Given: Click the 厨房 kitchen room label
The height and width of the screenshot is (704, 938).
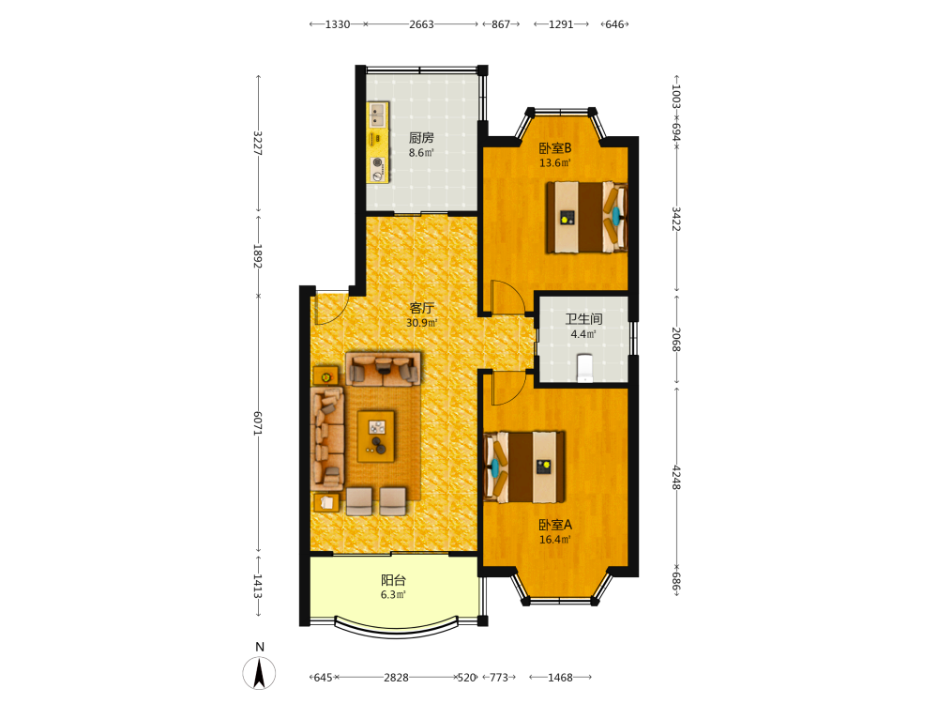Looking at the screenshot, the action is point(421,138).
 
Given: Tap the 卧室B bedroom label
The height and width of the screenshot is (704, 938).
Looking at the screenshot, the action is point(555,148).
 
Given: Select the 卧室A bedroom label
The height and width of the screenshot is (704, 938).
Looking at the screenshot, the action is point(555,525).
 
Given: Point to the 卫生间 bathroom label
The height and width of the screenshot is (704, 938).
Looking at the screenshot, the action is point(583,319).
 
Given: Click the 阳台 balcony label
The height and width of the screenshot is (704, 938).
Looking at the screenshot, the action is point(394,579).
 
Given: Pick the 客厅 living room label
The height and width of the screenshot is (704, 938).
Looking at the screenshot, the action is point(422,308).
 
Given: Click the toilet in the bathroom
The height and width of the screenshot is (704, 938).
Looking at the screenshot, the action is point(584,368).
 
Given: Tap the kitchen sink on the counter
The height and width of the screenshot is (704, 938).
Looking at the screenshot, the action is point(377,115).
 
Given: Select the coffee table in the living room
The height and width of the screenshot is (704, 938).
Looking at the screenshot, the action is point(376,436).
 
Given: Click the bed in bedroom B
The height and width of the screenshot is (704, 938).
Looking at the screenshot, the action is point(586,218).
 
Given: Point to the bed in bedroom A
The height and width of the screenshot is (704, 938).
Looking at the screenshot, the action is point(524,467).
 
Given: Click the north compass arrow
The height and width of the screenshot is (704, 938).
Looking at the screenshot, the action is point(259,673).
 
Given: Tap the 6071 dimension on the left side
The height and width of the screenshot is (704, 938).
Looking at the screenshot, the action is point(258,422).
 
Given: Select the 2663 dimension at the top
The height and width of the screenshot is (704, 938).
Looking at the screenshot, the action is point(421,24).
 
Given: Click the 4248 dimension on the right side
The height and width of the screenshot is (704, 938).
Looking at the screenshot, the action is point(676,477).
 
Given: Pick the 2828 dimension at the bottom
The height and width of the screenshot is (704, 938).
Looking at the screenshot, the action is point(396,678).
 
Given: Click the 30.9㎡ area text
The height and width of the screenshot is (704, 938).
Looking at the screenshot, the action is point(422,323).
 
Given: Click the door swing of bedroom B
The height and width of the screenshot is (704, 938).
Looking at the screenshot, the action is point(507,297).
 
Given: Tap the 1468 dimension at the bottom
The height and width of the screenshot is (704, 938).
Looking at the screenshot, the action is point(561,678).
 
